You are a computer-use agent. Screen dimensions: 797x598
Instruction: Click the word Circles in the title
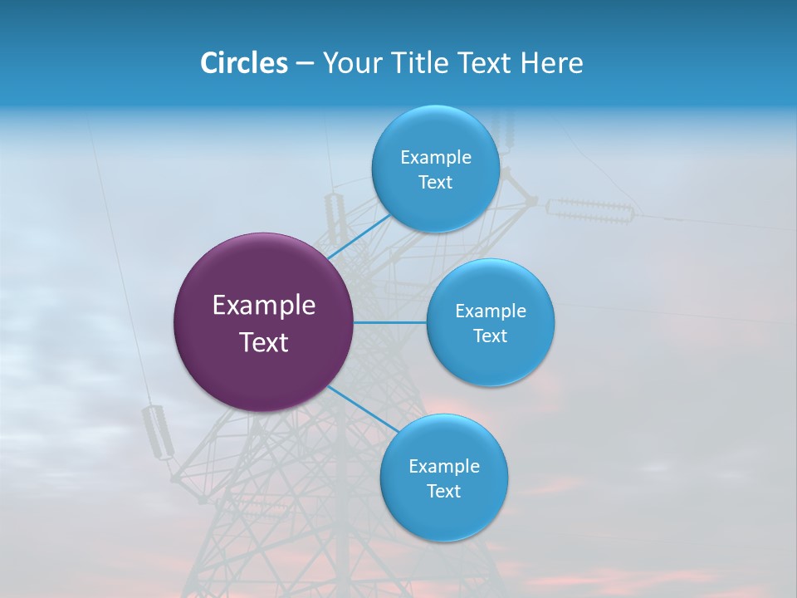click(243, 63)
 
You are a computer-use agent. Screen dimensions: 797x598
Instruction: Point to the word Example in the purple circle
click(264, 306)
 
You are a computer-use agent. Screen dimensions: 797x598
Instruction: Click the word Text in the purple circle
click(264, 342)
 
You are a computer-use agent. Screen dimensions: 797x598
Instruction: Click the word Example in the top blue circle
click(436, 158)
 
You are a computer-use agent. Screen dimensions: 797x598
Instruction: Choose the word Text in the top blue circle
click(436, 183)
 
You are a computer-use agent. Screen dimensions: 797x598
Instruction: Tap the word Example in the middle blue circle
click(491, 311)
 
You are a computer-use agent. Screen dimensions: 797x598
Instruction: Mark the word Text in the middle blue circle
click(491, 336)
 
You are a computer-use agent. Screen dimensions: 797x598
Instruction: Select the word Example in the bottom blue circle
click(444, 467)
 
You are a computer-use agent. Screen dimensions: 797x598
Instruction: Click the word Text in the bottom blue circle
click(444, 492)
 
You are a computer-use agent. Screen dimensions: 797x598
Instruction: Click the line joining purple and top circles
click(359, 237)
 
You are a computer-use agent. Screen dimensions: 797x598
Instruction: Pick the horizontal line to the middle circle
click(390, 322)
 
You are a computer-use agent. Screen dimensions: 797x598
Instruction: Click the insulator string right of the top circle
click(590, 208)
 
